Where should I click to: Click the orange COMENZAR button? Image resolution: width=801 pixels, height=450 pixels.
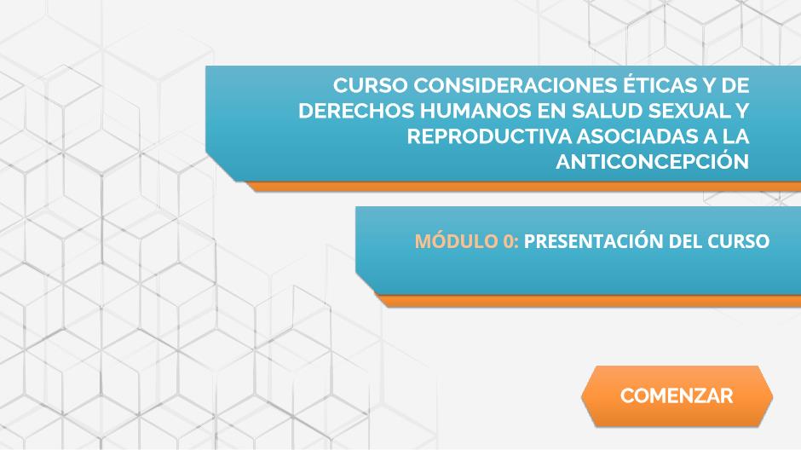coord(677,395)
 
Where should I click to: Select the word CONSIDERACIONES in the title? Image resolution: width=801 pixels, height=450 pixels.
coord(515,85)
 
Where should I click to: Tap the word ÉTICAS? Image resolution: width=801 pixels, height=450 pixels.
coord(656,84)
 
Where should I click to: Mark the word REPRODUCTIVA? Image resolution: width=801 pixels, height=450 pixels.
coord(489,136)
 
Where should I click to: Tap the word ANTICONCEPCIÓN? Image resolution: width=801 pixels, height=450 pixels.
coord(653,161)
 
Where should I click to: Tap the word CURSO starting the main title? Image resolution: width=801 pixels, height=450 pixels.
coord(371,85)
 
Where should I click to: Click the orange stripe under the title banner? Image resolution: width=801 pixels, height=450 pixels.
coord(523,187)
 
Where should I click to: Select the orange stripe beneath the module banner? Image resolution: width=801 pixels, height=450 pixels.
coord(588,300)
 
